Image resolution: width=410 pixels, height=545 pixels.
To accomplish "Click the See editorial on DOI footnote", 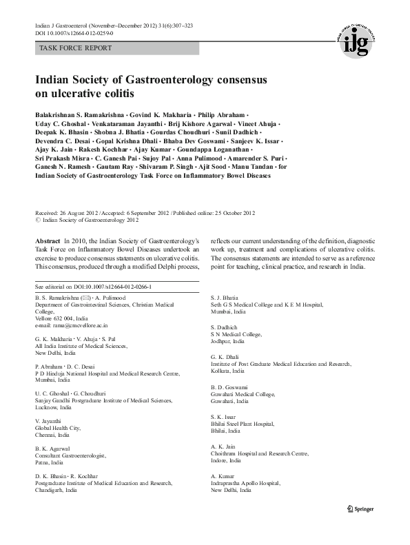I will click(93, 286).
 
